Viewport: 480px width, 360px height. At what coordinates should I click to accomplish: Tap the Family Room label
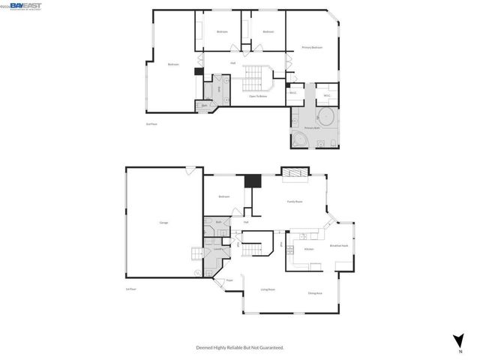coord(295,202)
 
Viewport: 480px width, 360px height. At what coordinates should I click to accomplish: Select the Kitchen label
coord(308,249)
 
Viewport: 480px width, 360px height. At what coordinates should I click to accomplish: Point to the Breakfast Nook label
coord(338,245)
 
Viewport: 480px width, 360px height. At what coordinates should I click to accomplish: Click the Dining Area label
coord(315,293)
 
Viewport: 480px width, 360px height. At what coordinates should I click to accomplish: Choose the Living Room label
coord(268,289)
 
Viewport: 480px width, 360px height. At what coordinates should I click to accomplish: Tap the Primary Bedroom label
coord(312,47)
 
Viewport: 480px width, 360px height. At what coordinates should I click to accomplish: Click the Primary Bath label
coord(312,128)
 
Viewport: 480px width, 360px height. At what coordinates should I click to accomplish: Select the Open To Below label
coord(258,96)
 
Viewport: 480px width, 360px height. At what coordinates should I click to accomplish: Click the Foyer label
coord(229,281)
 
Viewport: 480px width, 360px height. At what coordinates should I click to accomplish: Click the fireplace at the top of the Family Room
coord(295,174)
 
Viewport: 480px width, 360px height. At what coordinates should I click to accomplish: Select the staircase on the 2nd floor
coord(259,76)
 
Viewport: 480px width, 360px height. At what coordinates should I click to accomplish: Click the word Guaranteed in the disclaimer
coord(271,348)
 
